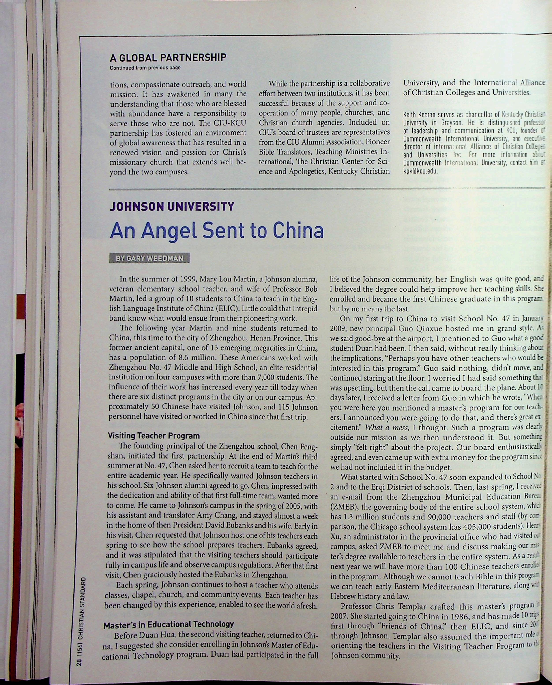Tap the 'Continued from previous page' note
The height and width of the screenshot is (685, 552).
coord(145,68)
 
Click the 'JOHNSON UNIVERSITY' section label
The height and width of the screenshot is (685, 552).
coord(172,207)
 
